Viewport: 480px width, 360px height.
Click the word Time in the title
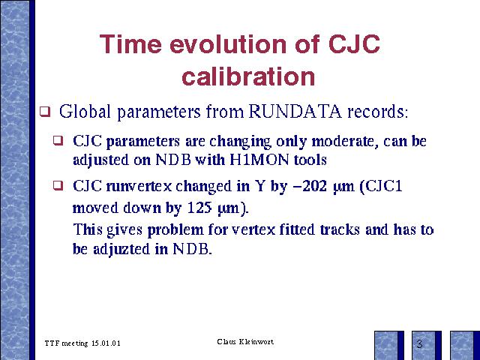coord(130,43)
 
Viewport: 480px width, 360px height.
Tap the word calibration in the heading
coord(248,76)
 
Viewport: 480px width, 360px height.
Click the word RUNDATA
coord(295,111)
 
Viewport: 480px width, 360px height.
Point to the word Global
coord(85,111)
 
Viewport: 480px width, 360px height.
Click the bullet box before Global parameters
coord(45,112)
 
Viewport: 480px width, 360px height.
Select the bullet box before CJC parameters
coord(58,140)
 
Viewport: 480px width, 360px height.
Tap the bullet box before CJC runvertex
coord(58,185)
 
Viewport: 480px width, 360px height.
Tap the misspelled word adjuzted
coord(121,249)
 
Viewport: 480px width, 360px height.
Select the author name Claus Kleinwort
coord(245,342)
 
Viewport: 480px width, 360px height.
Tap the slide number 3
coord(419,344)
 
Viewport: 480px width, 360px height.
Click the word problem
coord(175,230)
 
